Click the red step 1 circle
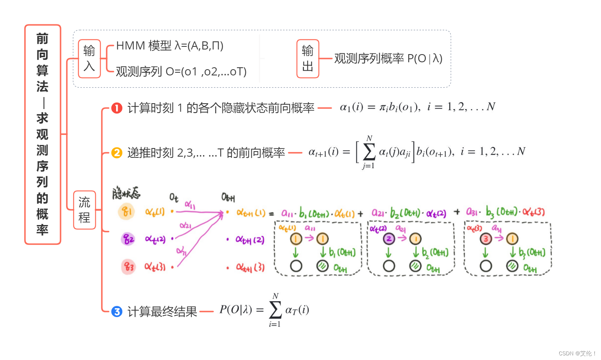coord(117,108)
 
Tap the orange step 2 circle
coord(117,153)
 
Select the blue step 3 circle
coord(117,311)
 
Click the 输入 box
coord(89,59)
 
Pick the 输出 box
coord(308,59)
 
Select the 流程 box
coord(84,210)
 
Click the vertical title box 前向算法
coord(43,134)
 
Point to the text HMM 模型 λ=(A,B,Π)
coord(170,46)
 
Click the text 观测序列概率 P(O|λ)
coord(388,58)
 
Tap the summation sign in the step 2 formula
coord(369,152)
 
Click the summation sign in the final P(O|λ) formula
coord(275,310)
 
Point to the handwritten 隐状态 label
coord(126,193)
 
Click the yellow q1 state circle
coord(127,212)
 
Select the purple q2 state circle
coord(128,239)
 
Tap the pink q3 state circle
coord(128,267)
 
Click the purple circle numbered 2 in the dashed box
coord(389,239)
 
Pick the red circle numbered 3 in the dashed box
coord(486,239)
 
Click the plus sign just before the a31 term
coord(457,212)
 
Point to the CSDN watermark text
coord(577,353)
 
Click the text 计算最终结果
coord(162,311)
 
